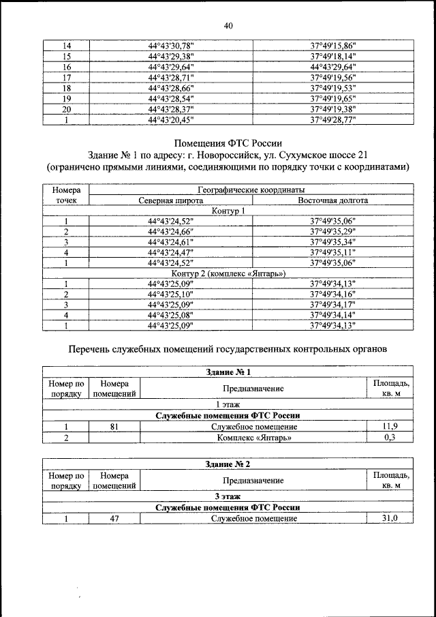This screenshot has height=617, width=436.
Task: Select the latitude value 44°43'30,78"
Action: [x=171, y=46]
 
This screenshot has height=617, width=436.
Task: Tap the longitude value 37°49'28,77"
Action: [x=333, y=119]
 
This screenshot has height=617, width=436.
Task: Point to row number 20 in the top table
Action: [x=67, y=109]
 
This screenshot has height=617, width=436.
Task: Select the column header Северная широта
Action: [x=170, y=201]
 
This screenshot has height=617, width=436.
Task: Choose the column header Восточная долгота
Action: [x=333, y=201]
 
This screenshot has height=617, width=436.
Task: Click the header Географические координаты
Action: [x=251, y=190]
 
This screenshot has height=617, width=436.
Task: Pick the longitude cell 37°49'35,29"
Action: [x=333, y=232]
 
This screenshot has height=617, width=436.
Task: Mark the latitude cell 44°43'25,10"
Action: [x=171, y=295]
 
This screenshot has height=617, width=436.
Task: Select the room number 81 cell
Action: [x=114, y=427]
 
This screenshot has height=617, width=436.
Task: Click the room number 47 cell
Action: [x=114, y=519]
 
